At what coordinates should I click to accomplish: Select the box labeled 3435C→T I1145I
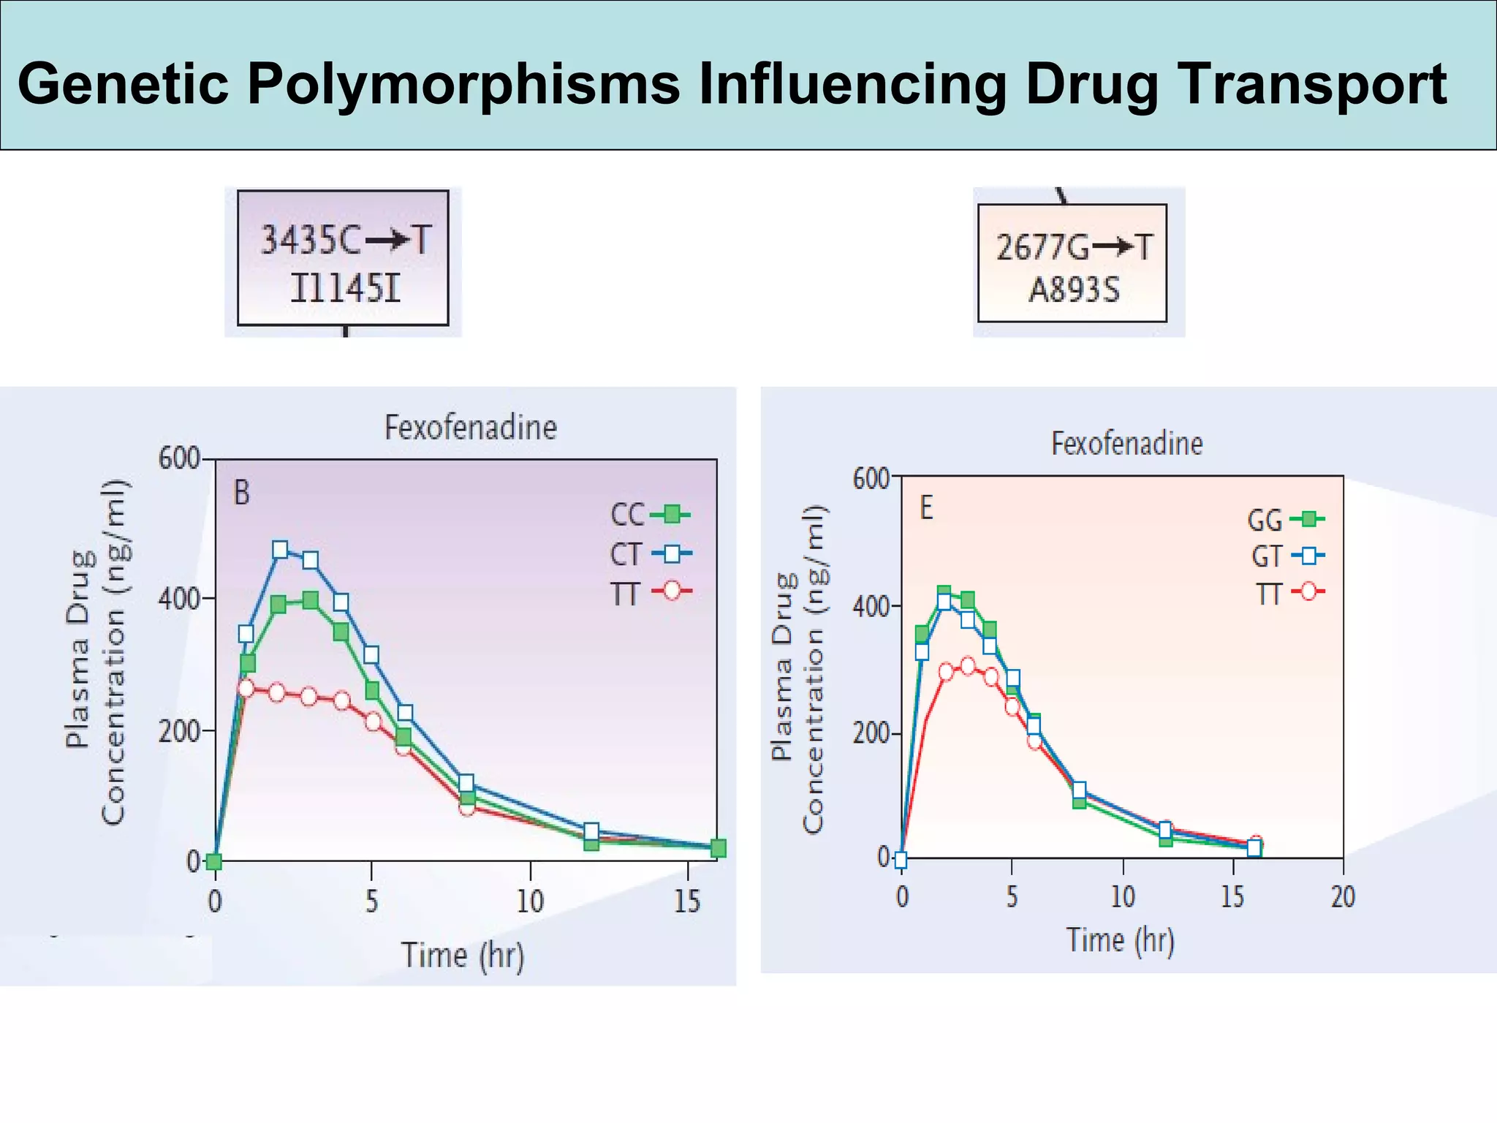tap(343, 258)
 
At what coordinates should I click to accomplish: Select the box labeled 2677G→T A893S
tap(1072, 263)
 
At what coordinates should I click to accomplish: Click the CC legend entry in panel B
tap(650, 515)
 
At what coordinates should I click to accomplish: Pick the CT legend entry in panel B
tap(650, 554)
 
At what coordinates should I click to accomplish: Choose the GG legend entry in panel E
tap(1285, 520)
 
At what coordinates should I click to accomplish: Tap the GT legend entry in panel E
tap(1286, 557)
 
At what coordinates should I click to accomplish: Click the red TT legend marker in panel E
tap(1308, 592)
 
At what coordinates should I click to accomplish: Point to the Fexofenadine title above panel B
tap(471, 428)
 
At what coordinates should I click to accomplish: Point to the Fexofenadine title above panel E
tap(1126, 444)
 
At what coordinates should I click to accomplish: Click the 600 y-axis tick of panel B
tap(178, 459)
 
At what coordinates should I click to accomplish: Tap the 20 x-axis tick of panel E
tap(1343, 896)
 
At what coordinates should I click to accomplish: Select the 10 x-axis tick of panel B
tap(530, 901)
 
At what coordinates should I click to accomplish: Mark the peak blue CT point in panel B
tap(280, 550)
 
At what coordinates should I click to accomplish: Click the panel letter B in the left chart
tap(241, 494)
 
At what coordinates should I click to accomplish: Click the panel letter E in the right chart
tap(926, 508)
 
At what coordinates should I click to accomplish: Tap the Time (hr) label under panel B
tap(463, 956)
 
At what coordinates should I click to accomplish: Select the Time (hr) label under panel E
tap(1120, 940)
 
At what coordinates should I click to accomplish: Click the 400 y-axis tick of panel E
tap(870, 607)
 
